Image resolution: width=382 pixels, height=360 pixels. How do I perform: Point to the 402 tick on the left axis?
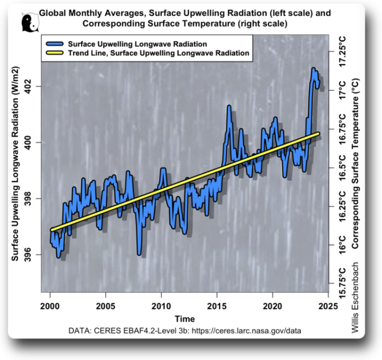point(32,86)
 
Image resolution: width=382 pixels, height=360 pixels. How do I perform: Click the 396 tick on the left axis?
point(32,255)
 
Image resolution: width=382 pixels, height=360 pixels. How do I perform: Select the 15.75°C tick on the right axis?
point(342,281)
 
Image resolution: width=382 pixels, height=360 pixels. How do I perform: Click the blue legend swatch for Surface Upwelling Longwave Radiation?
point(55,44)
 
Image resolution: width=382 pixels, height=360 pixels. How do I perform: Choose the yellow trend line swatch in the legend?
point(55,54)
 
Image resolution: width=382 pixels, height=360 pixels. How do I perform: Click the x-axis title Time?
point(185,319)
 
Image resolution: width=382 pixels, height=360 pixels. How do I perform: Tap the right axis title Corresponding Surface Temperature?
point(355,164)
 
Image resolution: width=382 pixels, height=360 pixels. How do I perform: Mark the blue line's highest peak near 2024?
point(313,68)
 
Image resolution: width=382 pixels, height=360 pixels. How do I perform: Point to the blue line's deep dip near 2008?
point(139,254)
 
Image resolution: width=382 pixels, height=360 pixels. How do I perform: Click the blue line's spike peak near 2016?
point(229,106)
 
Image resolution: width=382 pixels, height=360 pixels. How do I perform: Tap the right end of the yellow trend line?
point(318,133)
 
